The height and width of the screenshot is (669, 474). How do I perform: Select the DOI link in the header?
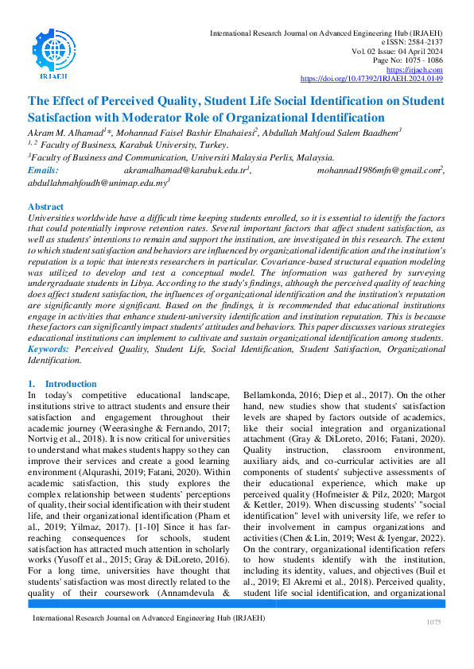[x=371, y=79]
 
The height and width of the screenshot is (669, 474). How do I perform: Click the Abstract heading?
[x=46, y=206]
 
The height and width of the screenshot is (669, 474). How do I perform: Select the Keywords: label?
[x=52, y=348]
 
